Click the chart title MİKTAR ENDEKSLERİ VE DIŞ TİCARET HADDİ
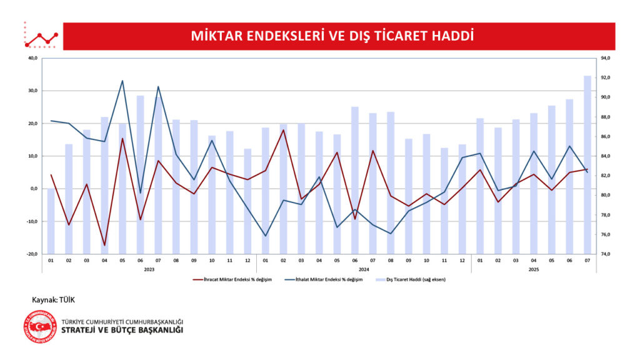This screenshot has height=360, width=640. coord(332,36)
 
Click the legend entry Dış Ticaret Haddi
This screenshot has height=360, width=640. coord(412,279)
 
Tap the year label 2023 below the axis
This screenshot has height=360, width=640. coord(149,269)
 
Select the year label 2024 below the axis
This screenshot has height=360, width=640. coord(363,269)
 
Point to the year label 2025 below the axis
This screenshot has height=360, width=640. coord(533,269)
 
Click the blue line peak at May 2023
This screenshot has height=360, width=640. coord(122,81)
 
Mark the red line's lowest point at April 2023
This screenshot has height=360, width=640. coord(104,246)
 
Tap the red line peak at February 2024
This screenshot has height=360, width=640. coord(283,130)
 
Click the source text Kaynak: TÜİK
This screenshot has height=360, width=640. coord(53,301)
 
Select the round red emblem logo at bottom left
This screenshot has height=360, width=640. coord(39,326)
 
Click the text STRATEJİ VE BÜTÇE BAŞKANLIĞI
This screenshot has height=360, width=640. coord(122,330)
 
